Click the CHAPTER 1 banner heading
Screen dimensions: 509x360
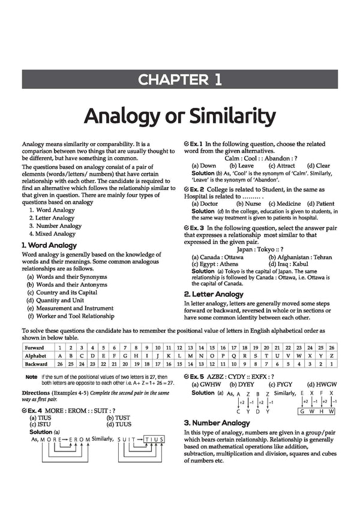click(x=180, y=79)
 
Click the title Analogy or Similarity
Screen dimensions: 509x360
click(x=180, y=115)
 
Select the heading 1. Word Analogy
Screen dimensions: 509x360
click(x=49, y=245)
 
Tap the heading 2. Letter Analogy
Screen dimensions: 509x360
click(x=213, y=294)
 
